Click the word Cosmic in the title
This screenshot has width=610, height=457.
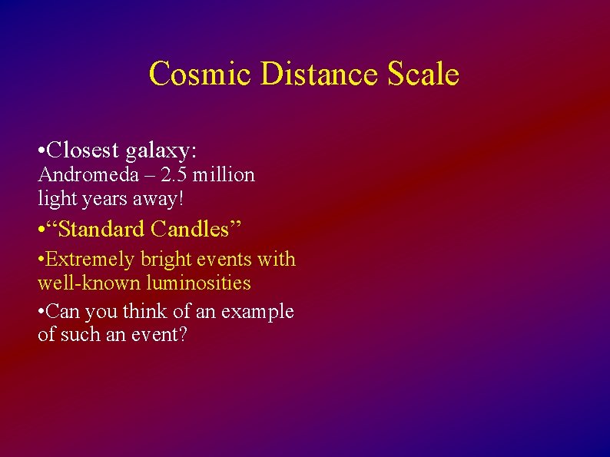point(201,75)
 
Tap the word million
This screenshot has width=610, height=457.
point(224,175)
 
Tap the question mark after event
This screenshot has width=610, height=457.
point(182,335)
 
